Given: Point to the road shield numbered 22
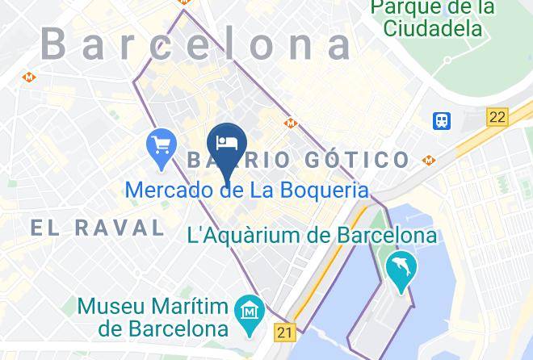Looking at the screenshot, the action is (x=497, y=117).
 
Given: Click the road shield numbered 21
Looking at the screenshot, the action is (x=283, y=331).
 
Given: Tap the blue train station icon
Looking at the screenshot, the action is (x=442, y=121).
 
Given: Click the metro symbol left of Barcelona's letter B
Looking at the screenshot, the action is (x=29, y=77).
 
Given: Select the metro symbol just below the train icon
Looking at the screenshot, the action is (x=428, y=160).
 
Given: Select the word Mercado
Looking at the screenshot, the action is (x=168, y=191).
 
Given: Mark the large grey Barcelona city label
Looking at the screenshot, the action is (x=196, y=44).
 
